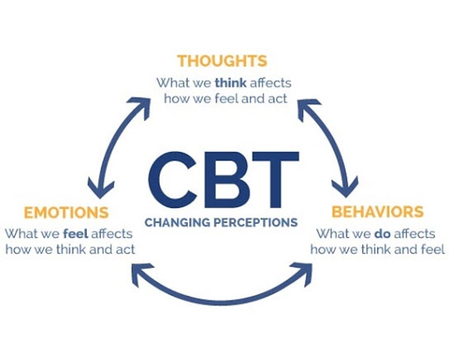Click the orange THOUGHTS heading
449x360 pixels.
point(222,61)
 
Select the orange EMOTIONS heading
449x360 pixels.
point(66,213)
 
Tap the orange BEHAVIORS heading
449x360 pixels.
point(377,212)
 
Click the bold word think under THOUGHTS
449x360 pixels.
point(229,83)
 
